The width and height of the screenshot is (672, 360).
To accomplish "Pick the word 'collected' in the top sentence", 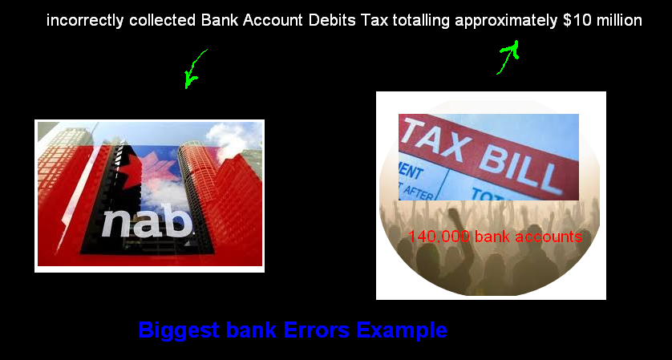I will [160, 21].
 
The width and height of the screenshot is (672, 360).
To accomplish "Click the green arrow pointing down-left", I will [194, 68].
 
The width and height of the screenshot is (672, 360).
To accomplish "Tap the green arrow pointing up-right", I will [508, 58].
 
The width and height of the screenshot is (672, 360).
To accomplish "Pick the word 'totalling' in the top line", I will [422, 21].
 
